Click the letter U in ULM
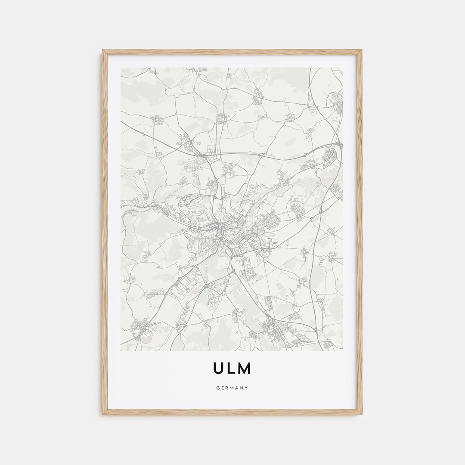(x=219, y=368)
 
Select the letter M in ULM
(x=244, y=368)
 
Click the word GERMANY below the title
(x=232, y=388)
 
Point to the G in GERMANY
(x=218, y=388)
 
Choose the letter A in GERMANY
(x=237, y=388)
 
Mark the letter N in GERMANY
(x=242, y=388)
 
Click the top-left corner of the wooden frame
(x=103, y=50)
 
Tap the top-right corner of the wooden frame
(x=362, y=50)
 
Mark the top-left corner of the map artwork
(x=121, y=68)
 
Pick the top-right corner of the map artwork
(x=343, y=68)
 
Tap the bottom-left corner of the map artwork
(x=121, y=350)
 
